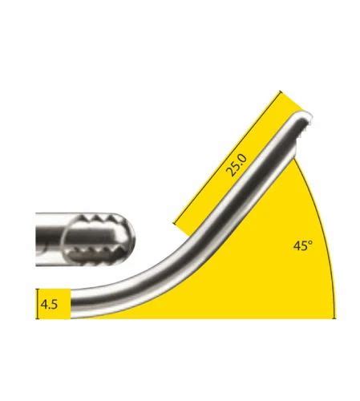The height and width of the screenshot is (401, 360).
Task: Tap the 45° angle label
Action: click(301, 246)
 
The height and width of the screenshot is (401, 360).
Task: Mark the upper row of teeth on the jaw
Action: click(99, 218)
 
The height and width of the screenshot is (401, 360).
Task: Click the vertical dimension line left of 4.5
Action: click(37, 305)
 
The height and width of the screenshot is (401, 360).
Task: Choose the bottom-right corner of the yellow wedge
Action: click(335, 319)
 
